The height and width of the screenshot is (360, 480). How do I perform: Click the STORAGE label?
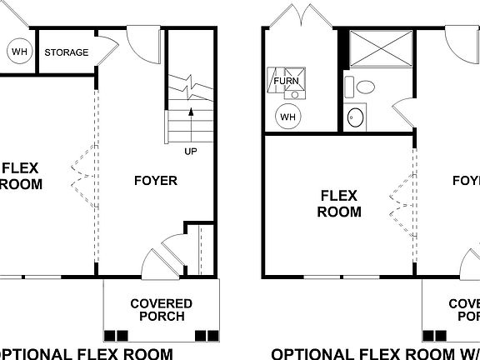point(67,52)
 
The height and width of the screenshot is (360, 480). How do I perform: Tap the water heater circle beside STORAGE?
point(18,52)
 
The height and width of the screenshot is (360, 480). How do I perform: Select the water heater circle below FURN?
point(287,116)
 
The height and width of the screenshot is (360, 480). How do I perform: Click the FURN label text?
point(286,82)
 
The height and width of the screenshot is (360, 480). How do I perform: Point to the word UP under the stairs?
point(191,152)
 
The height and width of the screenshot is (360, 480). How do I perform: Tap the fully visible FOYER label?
point(155,181)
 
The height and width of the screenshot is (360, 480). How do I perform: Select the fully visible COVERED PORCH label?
point(161,310)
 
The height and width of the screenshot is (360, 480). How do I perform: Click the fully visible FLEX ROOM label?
point(338,203)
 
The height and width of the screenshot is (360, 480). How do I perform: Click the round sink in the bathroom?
point(356,117)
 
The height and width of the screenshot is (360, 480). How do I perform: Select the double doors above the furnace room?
point(301,17)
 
